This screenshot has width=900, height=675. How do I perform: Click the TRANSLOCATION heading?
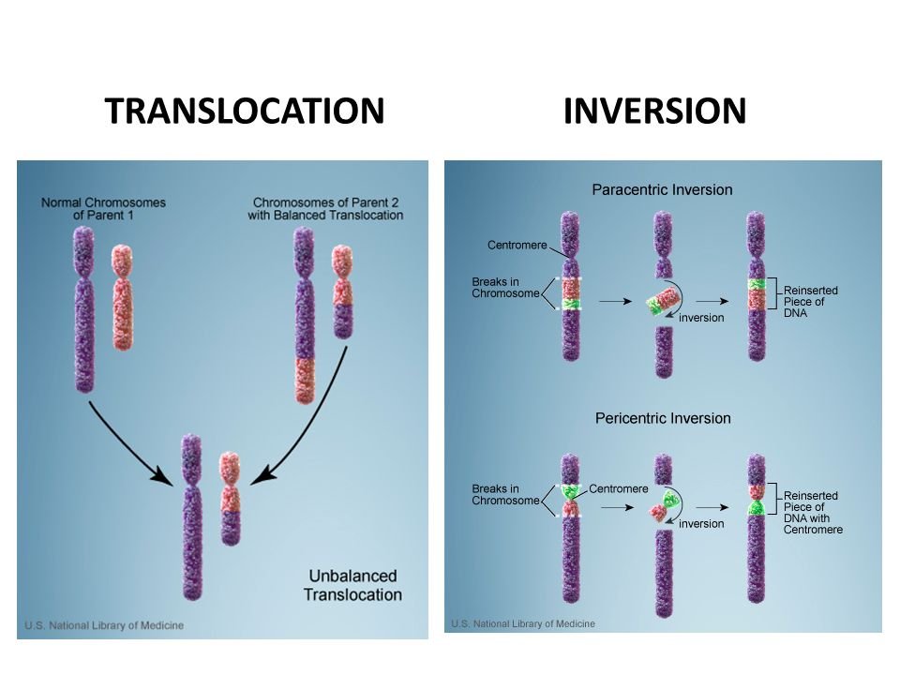point(246,112)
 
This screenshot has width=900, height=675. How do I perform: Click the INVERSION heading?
point(655,112)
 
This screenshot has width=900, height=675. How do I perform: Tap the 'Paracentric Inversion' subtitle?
point(662,189)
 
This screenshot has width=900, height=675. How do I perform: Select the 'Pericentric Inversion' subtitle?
point(663,418)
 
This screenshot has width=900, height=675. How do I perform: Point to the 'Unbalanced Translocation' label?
point(352,585)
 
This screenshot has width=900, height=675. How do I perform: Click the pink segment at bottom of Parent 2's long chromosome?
point(304,380)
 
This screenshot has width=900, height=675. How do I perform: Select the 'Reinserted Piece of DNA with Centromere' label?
point(812,512)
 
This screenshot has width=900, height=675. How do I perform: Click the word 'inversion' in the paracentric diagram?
point(701,318)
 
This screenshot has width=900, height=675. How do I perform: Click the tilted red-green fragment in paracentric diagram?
point(661,303)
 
